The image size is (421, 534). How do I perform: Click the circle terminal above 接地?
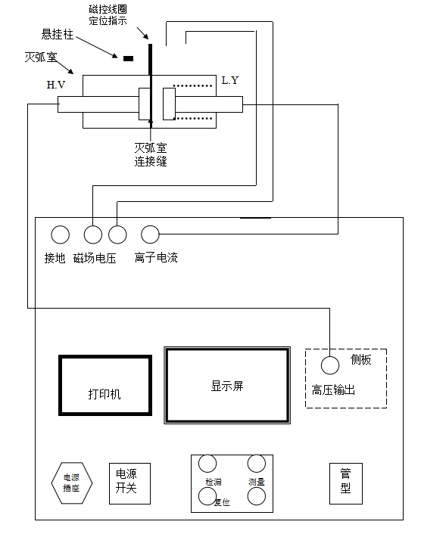(x=60, y=234)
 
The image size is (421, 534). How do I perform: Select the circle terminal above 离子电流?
(x=151, y=234)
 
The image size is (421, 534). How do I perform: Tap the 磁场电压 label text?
(x=95, y=259)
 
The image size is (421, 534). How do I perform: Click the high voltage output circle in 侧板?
(x=329, y=365)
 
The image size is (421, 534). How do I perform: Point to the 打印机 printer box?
(x=105, y=385)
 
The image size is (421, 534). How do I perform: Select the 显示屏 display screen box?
(x=227, y=385)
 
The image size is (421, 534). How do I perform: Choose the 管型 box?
(x=345, y=482)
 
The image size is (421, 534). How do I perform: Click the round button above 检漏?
(x=207, y=463)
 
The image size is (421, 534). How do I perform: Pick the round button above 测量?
(x=257, y=463)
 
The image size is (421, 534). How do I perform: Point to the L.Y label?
(x=230, y=80)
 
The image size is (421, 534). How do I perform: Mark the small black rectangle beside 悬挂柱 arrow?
(x=128, y=57)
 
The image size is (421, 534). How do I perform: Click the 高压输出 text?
(x=334, y=390)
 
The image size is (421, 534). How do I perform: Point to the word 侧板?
(x=361, y=360)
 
